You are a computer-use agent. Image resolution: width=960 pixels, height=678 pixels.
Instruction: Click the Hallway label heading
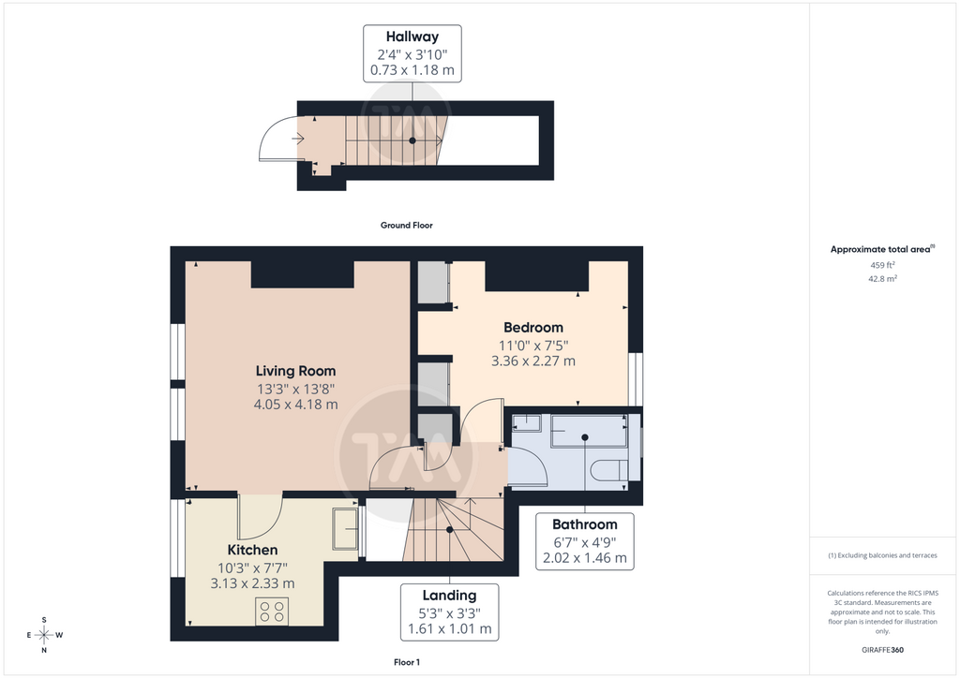click(412, 37)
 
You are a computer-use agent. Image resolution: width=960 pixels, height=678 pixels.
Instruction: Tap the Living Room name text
click(295, 371)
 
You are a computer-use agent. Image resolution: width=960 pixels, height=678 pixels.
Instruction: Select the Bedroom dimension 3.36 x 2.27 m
click(533, 361)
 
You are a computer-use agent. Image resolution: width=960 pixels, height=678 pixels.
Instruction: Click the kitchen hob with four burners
click(272, 611)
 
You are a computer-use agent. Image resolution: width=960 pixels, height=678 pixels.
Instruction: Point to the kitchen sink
click(345, 529)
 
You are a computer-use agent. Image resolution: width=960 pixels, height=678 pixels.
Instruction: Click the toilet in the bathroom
click(609, 470)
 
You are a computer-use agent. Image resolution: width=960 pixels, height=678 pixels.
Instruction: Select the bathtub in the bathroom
click(589, 432)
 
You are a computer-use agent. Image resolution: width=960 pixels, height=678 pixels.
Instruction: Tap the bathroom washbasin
click(527, 423)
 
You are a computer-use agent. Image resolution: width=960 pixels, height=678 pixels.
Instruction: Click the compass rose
click(44, 635)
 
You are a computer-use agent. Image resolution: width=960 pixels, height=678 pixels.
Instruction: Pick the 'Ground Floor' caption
click(407, 225)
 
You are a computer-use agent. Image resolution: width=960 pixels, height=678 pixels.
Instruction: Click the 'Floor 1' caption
click(407, 662)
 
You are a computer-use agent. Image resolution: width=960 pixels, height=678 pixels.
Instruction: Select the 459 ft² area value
click(882, 265)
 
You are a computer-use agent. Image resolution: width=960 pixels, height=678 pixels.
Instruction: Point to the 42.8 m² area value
click(882, 279)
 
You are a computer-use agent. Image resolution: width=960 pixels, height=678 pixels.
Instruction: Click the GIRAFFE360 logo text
click(882, 650)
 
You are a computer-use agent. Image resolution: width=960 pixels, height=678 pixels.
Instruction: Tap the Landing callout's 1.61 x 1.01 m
click(450, 629)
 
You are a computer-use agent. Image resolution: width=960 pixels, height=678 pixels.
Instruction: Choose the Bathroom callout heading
click(585, 524)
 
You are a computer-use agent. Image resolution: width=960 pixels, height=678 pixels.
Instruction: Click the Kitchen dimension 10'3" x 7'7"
click(253, 567)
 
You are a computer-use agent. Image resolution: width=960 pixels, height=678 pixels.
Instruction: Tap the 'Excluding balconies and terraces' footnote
click(882, 555)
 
